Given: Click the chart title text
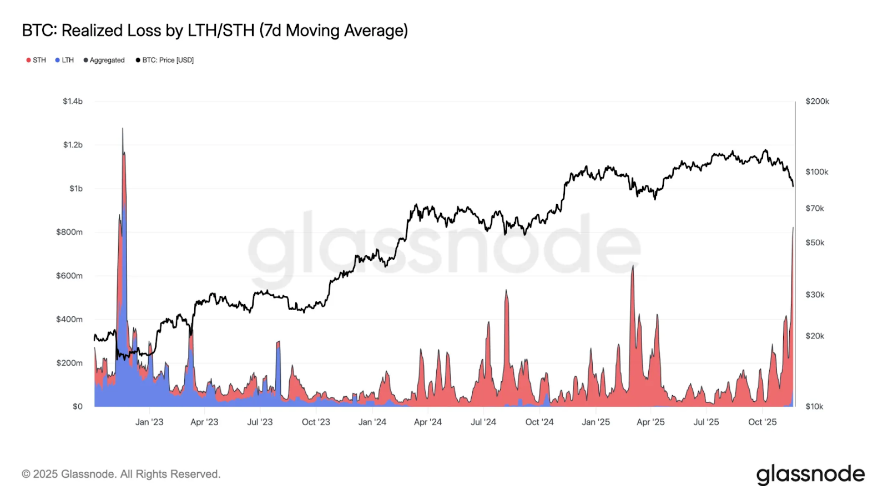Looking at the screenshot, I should (215, 31).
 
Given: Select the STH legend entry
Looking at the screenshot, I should (36, 60).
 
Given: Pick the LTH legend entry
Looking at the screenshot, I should (64, 60).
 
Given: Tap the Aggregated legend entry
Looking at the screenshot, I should (104, 60).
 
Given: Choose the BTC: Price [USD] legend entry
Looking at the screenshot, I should (165, 60).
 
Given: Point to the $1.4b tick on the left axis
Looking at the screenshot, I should (73, 102).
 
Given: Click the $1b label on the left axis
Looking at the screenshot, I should (76, 189).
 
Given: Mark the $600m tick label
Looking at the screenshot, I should (69, 276).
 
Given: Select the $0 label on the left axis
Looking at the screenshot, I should (78, 406).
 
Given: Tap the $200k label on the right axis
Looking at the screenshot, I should (817, 102).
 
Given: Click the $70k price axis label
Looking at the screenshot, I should (815, 209).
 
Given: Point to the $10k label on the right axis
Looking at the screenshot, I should (814, 407).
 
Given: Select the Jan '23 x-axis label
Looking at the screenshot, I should (149, 422).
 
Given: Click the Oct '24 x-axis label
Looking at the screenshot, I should (539, 422).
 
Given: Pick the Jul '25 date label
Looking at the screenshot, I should (706, 422).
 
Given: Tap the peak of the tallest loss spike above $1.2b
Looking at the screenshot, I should (123, 129).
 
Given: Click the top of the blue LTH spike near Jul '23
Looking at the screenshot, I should (278, 342).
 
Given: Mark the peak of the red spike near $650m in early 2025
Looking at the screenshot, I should (633, 266).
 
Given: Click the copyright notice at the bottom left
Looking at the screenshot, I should (121, 474).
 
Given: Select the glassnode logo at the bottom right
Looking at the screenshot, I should (810, 474).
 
